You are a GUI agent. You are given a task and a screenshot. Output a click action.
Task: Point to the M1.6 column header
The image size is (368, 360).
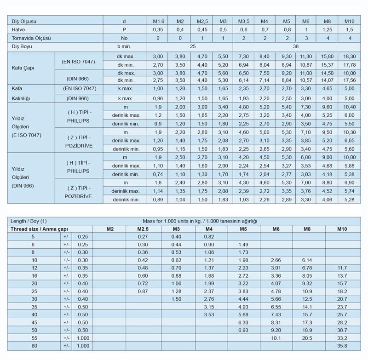[158, 21]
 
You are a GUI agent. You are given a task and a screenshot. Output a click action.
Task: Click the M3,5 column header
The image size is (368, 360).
[244, 21]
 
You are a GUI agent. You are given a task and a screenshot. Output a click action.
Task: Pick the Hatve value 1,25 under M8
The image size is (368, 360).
[328, 29]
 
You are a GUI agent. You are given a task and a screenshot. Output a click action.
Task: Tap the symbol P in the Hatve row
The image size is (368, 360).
[124, 29]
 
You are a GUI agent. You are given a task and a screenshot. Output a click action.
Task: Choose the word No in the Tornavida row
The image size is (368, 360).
[124, 38]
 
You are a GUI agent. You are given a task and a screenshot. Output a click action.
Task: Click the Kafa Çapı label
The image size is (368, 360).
[23, 68]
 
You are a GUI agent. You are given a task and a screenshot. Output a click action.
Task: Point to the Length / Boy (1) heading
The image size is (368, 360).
[29, 221]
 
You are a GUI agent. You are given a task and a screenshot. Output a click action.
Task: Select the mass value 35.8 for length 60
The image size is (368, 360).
[342, 345]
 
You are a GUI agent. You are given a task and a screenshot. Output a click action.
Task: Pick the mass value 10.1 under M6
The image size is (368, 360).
[276, 337]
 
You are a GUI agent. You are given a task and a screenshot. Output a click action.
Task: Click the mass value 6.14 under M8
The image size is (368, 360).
[307, 260]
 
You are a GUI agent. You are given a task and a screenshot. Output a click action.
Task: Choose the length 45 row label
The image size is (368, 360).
[33, 322]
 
